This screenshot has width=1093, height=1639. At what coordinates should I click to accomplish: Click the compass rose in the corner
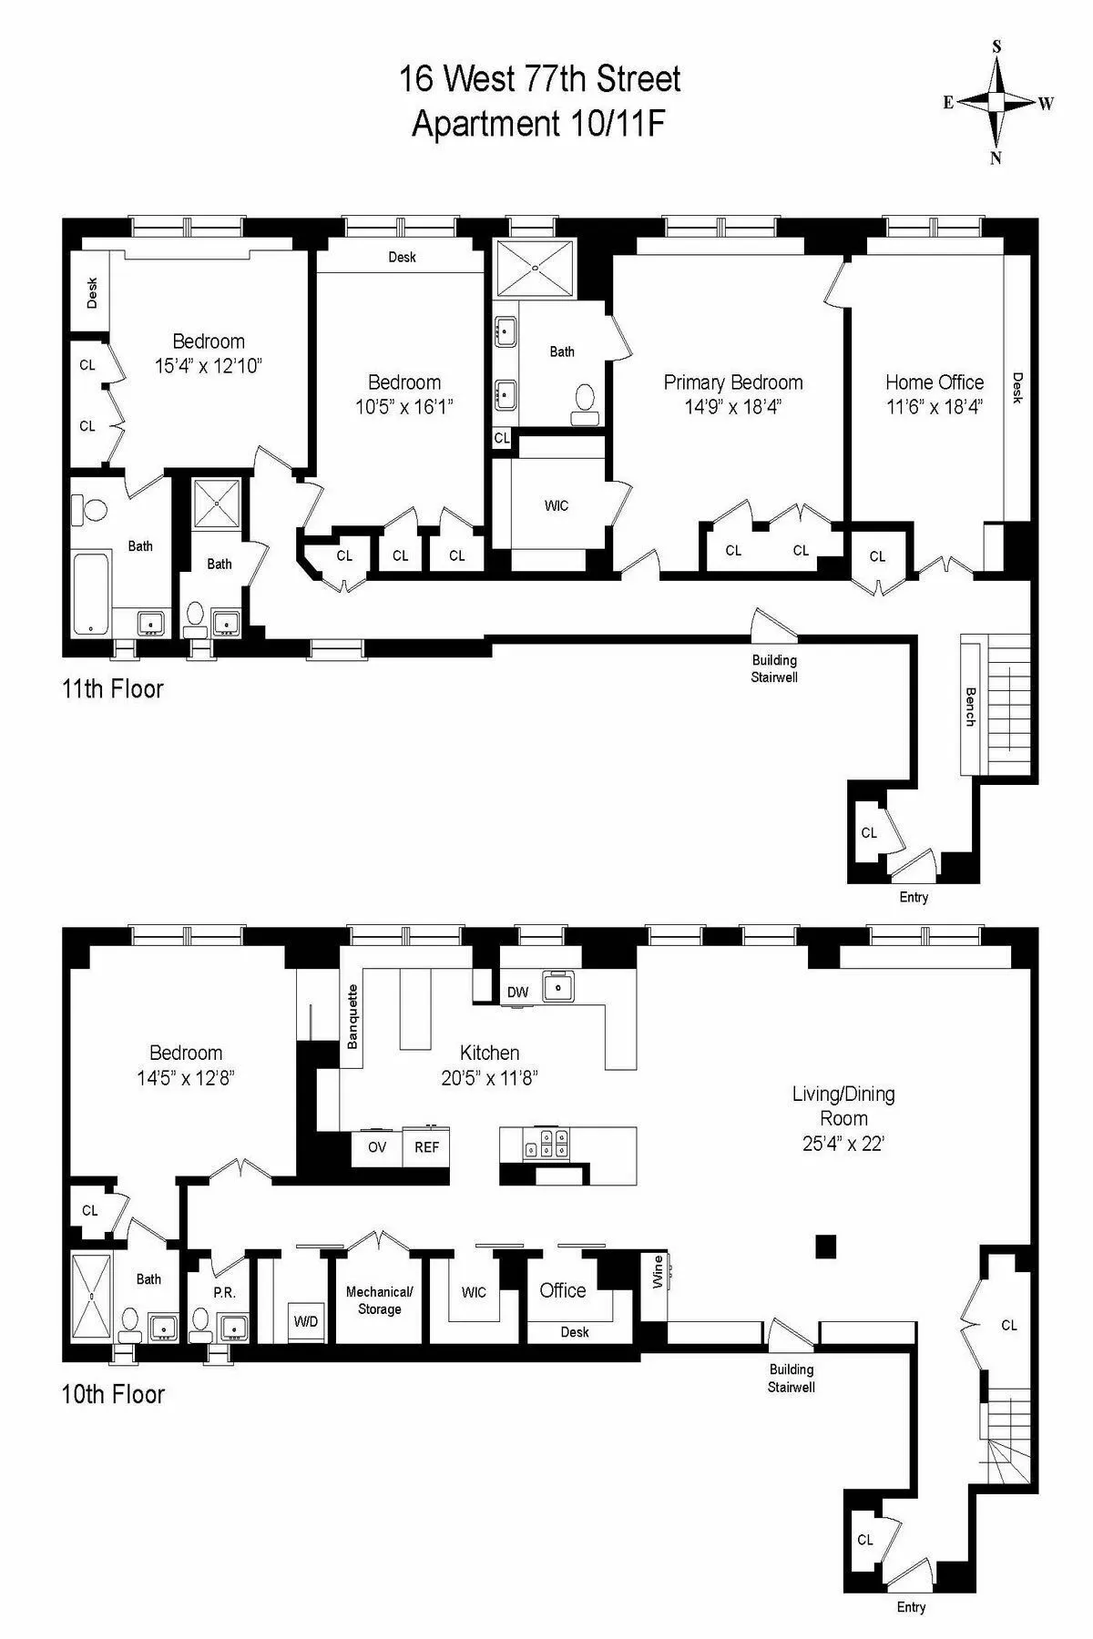click(997, 102)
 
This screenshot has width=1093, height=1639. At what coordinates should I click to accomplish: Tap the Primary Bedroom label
click(733, 382)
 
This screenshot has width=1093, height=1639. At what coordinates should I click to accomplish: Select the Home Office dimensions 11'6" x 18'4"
click(935, 407)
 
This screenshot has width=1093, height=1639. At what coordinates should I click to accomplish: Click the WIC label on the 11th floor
click(557, 505)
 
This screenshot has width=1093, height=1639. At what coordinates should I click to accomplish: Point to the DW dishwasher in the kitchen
click(518, 992)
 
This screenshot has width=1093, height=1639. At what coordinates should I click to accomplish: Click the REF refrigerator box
click(426, 1147)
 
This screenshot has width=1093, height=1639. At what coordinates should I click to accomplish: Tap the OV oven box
click(377, 1147)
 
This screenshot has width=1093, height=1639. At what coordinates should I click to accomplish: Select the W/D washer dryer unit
click(306, 1321)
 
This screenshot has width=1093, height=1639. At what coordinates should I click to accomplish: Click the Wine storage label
click(658, 1272)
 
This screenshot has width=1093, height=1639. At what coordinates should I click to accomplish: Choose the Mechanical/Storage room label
click(380, 1300)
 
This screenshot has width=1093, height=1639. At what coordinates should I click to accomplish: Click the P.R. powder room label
click(224, 1293)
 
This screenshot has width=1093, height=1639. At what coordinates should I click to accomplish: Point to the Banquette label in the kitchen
click(353, 1016)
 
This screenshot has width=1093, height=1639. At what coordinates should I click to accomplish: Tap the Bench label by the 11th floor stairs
click(971, 706)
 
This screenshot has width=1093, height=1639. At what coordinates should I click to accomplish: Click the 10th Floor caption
click(113, 1394)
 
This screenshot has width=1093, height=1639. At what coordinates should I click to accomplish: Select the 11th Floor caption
click(113, 688)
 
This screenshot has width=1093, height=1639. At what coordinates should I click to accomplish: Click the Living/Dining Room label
click(843, 1105)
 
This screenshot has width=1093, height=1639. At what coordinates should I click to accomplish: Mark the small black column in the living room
click(825, 1246)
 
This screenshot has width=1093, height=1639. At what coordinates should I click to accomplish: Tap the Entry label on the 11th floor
click(914, 897)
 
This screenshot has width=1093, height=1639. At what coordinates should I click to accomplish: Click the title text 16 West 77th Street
click(540, 79)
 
